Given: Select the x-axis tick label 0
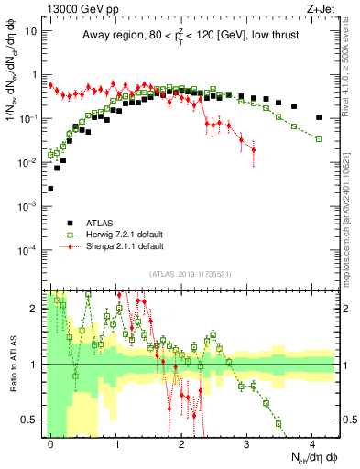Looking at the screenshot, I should [x=51, y=443].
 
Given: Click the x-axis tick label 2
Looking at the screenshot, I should [x=182, y=443].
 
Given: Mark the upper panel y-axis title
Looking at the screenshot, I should [x=12, y=82].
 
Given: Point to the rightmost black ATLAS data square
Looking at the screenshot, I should [x=318, y=117].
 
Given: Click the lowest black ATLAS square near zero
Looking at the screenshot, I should [x=50, y=189].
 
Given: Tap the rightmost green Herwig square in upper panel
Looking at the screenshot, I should [x=318, y=138].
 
